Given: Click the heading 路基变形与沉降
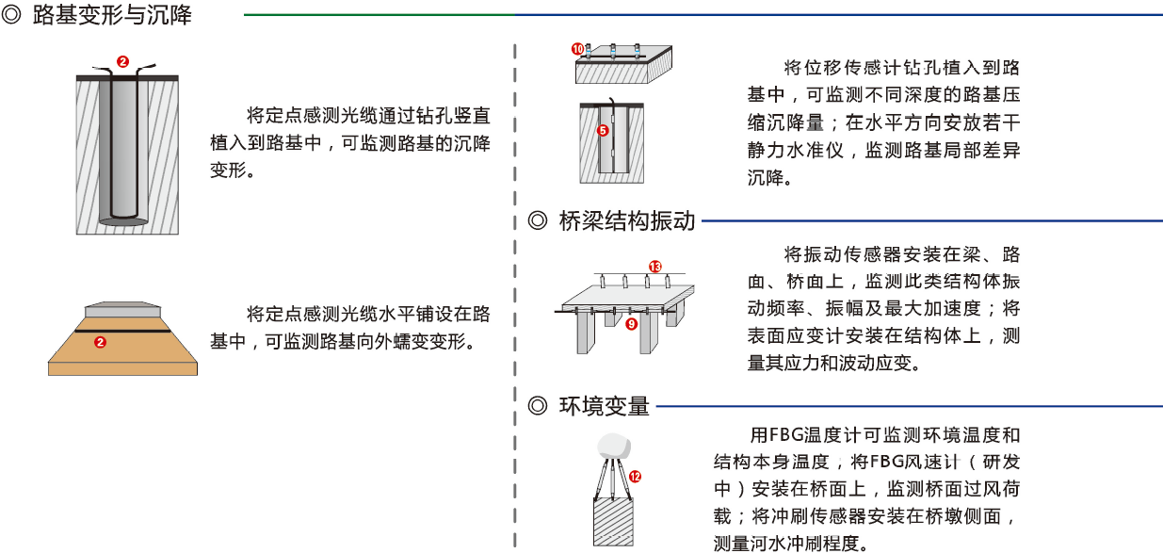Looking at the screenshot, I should pos(112,16).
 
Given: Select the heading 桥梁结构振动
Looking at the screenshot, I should pos(626,221).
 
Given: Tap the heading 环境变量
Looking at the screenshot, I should pos(604,407).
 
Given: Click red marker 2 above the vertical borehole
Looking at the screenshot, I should pos(122,61).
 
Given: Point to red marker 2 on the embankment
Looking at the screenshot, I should pos(101,343).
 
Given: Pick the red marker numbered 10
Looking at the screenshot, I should pos(578,48).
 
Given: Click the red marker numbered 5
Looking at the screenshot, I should pos(603,131).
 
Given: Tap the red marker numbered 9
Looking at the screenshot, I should pos(631,323).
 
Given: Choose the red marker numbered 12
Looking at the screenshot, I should pos(635,477).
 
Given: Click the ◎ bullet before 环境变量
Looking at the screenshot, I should pos(538,407).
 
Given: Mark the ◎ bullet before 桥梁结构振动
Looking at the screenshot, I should pos(538,221).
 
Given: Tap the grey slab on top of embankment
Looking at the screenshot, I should pos(123,310).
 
